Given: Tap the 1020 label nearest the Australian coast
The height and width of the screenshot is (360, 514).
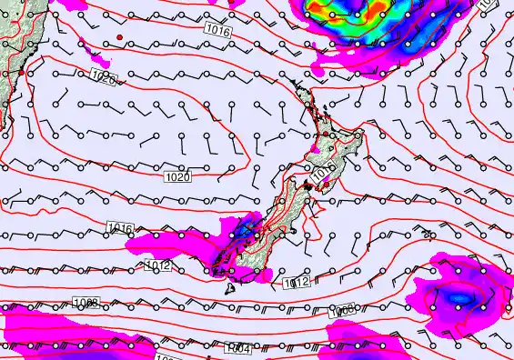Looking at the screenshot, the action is (103, 80).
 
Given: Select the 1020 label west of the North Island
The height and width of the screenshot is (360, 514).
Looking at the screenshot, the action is (178, 177).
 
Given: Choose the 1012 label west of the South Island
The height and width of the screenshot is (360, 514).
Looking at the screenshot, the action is (157, 265).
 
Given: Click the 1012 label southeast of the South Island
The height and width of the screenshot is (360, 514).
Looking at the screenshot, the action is (297, 284).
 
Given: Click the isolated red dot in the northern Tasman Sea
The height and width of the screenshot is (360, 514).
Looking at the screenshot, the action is (119, 37).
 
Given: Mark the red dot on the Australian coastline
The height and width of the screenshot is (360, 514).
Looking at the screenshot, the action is (21, 71).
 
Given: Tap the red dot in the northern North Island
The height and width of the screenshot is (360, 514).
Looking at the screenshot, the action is (325, 135).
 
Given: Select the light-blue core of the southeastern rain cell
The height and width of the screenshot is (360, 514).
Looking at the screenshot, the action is (459, 297).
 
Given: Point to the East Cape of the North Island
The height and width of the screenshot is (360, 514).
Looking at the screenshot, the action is (363, 135).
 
